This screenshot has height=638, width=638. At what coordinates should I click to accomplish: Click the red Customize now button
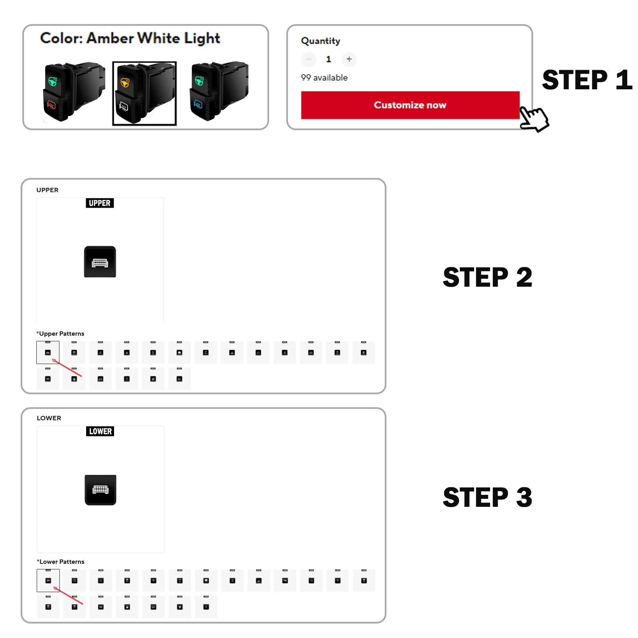410,105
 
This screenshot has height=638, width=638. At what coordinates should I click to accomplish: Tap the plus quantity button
349,59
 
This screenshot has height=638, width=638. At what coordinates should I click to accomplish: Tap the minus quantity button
309,59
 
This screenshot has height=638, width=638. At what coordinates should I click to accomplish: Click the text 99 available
324,78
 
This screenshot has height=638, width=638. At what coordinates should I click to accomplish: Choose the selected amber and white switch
144,93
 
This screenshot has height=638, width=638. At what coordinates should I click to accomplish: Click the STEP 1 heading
587,80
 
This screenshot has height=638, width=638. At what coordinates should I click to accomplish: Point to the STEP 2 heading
487,277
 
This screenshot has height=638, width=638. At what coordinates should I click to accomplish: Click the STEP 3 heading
487,497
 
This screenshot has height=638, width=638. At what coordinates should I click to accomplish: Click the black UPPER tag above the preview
100,203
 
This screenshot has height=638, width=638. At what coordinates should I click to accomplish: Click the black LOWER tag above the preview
100,431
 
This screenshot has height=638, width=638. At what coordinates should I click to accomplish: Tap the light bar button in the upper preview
100,262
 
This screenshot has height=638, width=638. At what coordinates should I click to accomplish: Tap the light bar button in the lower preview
100,490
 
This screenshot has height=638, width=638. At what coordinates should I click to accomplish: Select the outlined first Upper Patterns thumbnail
48,352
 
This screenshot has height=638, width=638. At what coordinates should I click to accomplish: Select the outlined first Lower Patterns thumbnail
48,580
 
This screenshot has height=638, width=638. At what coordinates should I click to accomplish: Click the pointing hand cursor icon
534,118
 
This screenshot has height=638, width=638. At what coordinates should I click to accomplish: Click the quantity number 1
329,59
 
